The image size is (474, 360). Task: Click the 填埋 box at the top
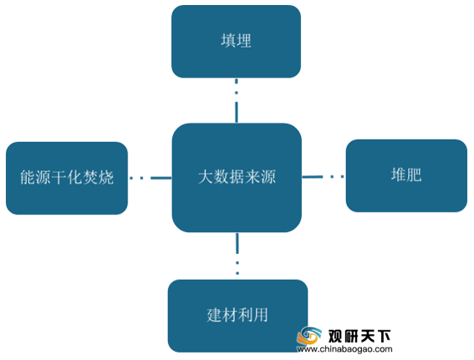pos(236,42)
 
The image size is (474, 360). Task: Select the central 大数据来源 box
pos(237,178)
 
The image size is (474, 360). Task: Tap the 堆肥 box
pos(406,175)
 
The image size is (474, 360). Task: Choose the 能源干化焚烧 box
pos(67,178)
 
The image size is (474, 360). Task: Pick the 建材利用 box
pos(238,316)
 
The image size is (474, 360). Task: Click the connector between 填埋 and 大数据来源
pos(237,100)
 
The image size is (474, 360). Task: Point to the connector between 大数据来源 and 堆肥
pos(324,176)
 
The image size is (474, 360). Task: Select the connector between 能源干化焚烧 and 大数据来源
pos(150,178)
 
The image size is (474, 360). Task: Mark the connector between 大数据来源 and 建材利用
pos(237,254)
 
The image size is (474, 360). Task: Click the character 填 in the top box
pos(228,41)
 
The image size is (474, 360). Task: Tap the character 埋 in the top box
pos(243,41)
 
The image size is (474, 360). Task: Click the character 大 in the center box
pos(206,177)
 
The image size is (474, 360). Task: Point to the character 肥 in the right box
pos(414,175)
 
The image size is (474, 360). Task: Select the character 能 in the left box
pos(28,177)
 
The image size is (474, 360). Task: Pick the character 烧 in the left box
pos(106,177)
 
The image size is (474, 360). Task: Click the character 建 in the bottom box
pos(215,315)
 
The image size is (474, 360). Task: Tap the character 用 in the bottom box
pos(261,315)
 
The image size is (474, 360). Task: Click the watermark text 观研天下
pos(359,336)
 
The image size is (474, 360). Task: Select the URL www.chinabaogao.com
pos(344,349)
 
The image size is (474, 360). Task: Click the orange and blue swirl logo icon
pos(309,336)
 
